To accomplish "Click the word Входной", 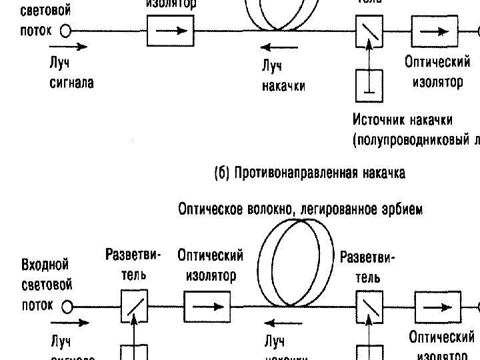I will [x=45, y=265].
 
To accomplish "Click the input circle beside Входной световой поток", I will [x=66, y=31].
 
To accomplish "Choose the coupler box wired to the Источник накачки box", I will [x=369, y=31].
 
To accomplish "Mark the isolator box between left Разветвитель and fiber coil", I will [x=207, y=307].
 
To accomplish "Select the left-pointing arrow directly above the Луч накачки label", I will [x=280, y=47].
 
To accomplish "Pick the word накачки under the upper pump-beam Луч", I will [x=284, y=87].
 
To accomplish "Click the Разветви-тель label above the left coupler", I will [x=133, y=264].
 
